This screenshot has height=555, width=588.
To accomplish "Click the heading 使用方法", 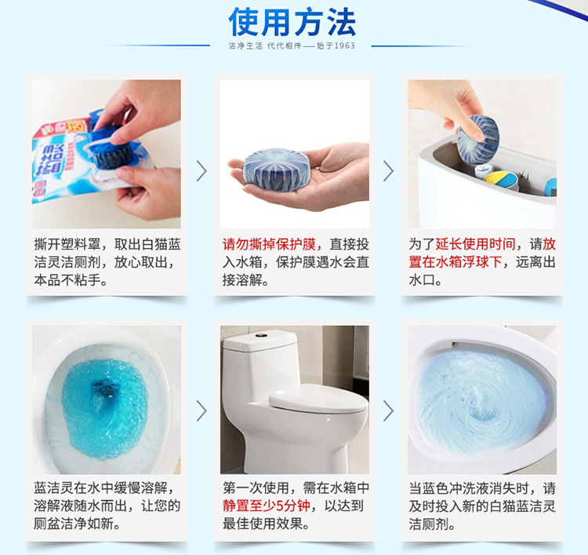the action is (292, 22).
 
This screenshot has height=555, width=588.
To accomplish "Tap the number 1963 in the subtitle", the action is (344, 46).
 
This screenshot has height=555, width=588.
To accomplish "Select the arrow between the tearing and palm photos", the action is (201, 172).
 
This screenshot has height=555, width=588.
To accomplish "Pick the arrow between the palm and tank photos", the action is (388, 171).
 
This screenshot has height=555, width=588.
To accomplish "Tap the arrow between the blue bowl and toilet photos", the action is (201, 411).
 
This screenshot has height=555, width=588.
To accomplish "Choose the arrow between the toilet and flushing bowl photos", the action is (388, 411).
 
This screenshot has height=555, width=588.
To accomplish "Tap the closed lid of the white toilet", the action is (318, 400).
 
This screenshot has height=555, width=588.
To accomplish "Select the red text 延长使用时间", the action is (475, 244).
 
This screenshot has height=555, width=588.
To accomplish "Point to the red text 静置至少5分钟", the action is (267, 506).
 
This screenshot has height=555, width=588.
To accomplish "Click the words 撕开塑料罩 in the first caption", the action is (67, 244).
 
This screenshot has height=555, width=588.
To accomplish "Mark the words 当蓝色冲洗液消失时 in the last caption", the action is (469, 488).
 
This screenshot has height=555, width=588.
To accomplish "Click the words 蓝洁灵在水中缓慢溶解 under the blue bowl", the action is (100, 487).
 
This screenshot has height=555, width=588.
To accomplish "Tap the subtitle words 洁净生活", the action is (245, 46).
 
